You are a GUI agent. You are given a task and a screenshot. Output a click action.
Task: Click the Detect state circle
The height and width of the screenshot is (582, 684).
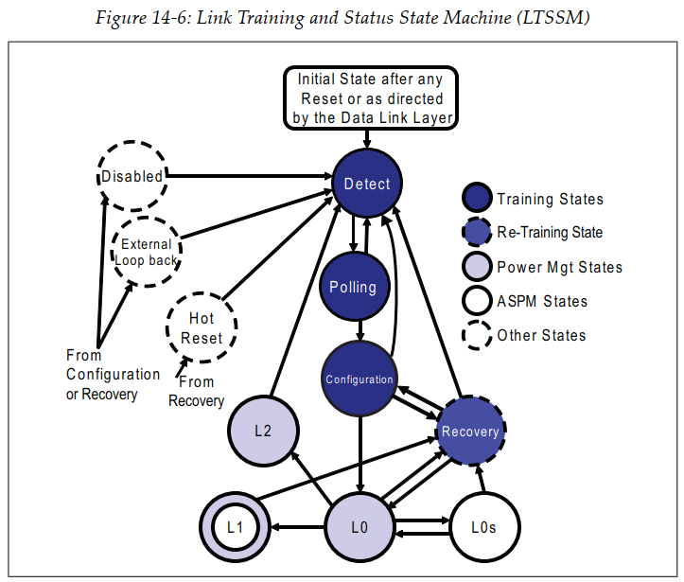point(367,184)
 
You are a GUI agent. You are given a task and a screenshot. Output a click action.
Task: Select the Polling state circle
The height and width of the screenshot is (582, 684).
point(353,287)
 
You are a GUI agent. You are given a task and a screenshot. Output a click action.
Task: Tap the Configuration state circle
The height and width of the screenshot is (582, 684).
point(359,379)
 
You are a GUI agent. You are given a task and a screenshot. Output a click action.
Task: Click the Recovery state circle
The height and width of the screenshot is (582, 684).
point(470,432)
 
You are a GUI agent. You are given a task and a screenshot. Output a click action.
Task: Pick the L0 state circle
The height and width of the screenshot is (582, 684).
point(359,527)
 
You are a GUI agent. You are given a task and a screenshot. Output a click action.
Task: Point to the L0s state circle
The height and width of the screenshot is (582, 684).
point(484,527)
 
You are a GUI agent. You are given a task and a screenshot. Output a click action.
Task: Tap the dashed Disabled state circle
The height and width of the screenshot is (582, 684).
point(133,176)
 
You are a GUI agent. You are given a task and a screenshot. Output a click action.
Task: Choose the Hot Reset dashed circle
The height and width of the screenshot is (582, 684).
point(201,328)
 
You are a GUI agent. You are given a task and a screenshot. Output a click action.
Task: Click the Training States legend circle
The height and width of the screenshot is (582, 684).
point(476,199)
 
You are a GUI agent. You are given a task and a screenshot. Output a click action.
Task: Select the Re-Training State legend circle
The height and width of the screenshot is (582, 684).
point(476,233)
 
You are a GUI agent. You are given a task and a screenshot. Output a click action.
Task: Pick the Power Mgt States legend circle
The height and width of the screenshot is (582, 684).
point(476,267)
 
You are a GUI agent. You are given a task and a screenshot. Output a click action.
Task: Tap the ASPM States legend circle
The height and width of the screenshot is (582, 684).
point(476,302)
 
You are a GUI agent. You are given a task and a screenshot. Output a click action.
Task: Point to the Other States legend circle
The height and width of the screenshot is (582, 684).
point(476,336)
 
